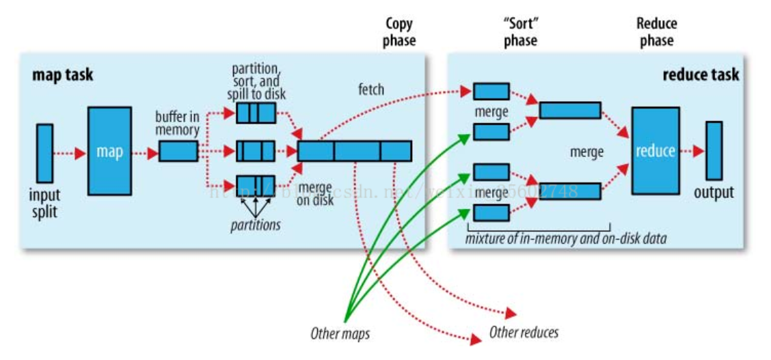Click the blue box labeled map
pos(109,151)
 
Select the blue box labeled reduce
pos(655,150)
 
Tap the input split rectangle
pos(44,152)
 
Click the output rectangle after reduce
pos(714,151)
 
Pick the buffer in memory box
pos(178,152)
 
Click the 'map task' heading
pos(63,75)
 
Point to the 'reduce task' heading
pos(701,75)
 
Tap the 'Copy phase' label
pos(400,32)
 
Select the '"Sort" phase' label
pos(520,32)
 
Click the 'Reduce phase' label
pos(656,32)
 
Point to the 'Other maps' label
pos(340,334)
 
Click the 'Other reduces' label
pos(524,333)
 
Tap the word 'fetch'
pos(370,89)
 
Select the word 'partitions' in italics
pos(254,224)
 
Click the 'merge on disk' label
pos(316,194)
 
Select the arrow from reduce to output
pos(692,151)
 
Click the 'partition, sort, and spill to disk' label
pos(256,81)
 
